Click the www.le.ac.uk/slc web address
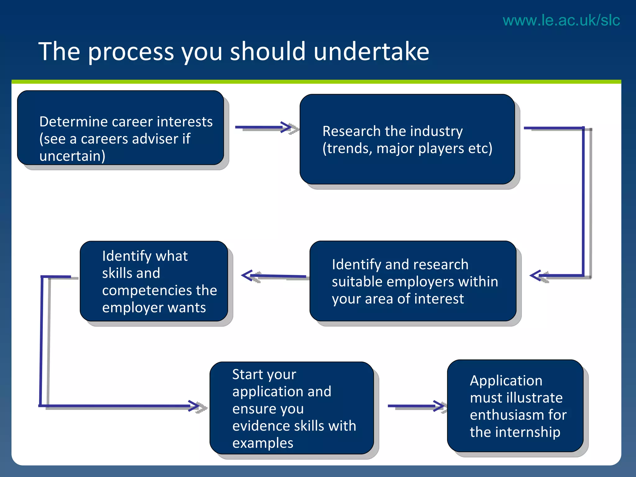(x=561, y=20)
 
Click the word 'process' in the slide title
(x=131, y=52)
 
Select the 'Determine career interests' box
(x=120, y=128)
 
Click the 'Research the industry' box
(x=407, y=139)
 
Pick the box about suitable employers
(x=413, y=281)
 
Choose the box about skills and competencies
(x=154, y=281)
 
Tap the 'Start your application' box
(x=292, y=408)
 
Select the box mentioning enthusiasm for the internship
(x=515, y=406)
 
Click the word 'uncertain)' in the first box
(x=72, y=156)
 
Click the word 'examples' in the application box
(x=263, y=443)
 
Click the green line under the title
(x=316, y=82)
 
